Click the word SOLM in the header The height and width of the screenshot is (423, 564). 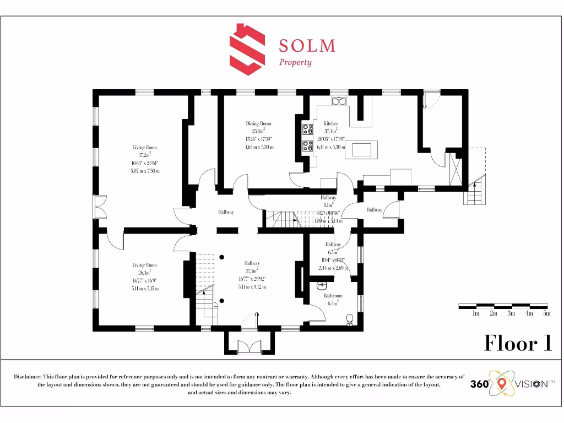[307, 45]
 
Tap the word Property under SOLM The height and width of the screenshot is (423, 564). [295, 62]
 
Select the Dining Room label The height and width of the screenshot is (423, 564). [258, 124]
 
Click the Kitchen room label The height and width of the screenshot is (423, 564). [331, 124]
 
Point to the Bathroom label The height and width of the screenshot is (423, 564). [333, 296]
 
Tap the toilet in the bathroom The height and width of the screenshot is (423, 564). [349, 319]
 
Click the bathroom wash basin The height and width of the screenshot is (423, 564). [323, 286]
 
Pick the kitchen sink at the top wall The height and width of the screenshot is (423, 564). [338, 101]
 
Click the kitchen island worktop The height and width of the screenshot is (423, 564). [361, 150]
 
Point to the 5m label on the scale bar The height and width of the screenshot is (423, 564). [546, 313]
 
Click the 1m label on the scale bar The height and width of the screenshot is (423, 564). [476, 313]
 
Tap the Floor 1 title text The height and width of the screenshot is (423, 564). [517, 343]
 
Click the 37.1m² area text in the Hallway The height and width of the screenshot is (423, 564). [252, 271]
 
